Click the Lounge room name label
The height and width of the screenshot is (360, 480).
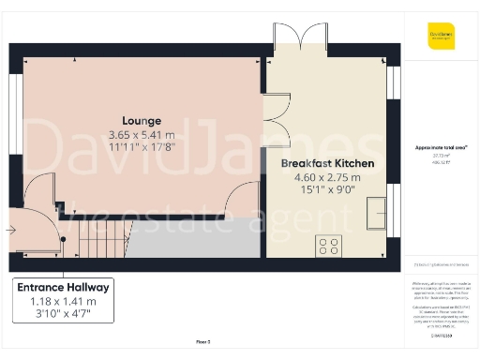click(x=141, y=121)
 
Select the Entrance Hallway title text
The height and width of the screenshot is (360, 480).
click(x=62, y=287)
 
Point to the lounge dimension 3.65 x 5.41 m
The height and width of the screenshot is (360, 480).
click(x=141, y=134)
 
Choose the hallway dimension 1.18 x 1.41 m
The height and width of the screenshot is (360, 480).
click(x=62, y=302)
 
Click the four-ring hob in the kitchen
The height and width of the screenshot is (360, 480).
click(x=329, y=246)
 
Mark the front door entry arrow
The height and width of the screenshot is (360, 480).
click(x=9, y=228)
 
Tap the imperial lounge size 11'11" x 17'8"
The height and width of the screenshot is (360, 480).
click(x=141, y=147)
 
